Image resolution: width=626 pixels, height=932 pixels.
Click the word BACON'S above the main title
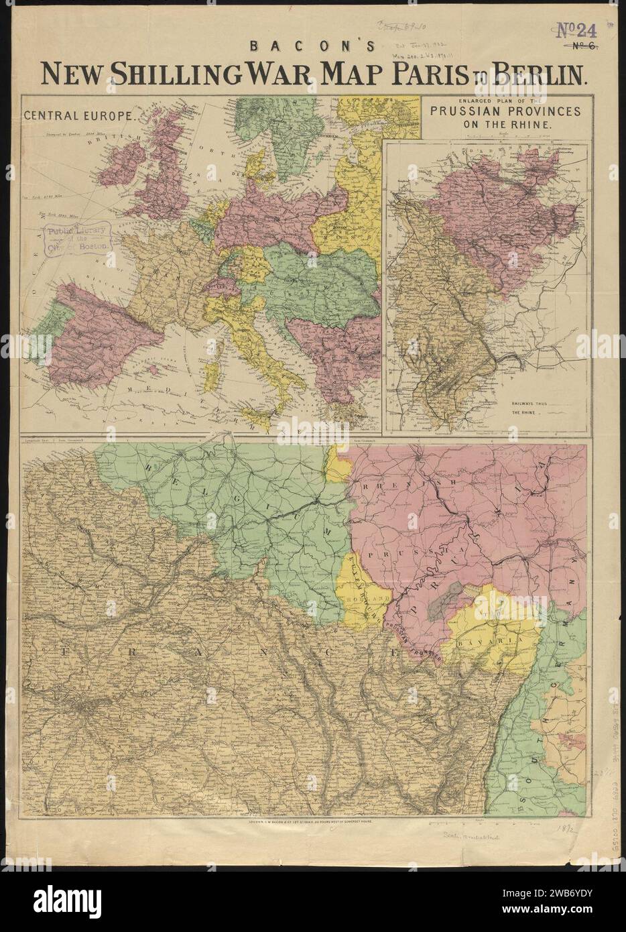pyautogui.click(x=313, y=48)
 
